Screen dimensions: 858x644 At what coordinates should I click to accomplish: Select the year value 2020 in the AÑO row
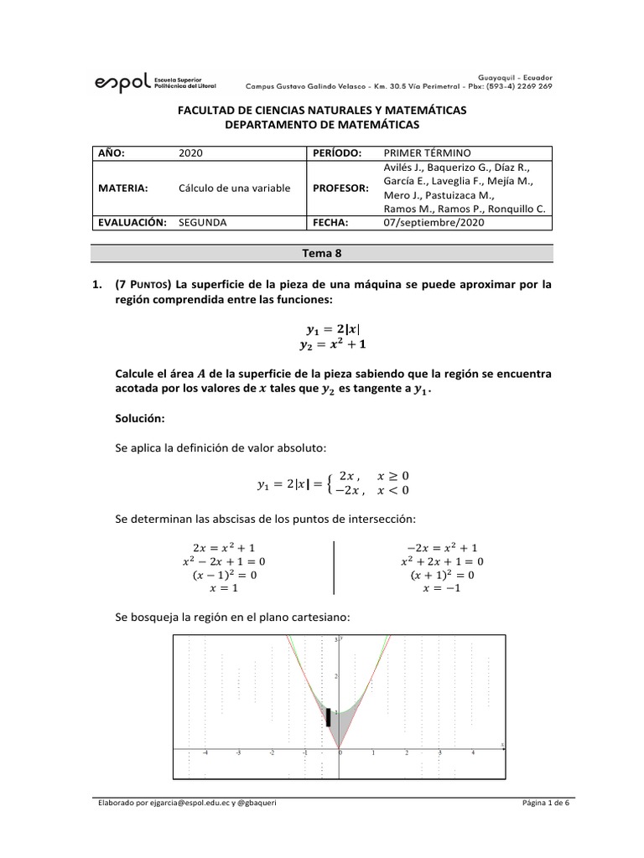191,153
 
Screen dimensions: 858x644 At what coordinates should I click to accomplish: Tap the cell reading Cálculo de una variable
235,188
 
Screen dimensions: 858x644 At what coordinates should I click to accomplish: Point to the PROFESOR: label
340,188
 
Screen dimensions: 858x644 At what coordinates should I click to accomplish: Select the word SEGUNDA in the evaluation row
203,222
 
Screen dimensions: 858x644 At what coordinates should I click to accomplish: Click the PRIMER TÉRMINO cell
427,153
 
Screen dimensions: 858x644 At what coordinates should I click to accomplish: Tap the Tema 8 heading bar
322,251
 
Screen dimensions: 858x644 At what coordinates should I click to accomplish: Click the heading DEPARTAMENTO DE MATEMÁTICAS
322,124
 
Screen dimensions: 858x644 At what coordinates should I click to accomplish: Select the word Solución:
140,416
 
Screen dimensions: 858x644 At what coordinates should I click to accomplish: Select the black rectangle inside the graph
328,717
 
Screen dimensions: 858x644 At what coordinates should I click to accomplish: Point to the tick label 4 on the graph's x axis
473,753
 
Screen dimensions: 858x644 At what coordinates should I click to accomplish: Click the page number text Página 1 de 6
544,804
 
